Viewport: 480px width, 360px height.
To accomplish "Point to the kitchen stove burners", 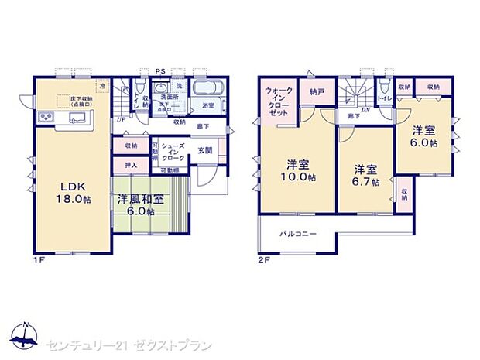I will point(45,118).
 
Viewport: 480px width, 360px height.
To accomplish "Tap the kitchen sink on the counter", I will point(77,117).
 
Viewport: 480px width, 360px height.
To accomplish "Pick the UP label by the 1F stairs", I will point(122,120).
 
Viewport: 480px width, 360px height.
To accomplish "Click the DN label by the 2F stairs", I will point(365,111).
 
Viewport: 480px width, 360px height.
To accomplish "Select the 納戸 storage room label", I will point(316,91).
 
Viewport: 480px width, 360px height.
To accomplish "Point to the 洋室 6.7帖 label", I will point(365,175).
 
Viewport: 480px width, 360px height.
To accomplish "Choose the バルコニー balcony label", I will point(297,233).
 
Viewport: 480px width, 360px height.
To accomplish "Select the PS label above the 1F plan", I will point(160,71).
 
